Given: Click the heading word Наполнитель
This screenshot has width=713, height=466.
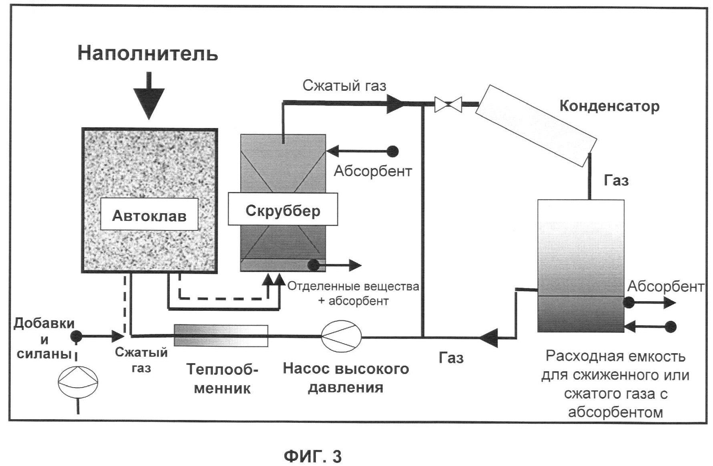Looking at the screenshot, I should click(x=148, y=53).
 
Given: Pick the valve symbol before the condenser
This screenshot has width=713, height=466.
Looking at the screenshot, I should click(x=448, y=104).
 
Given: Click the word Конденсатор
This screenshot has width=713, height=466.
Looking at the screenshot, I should click(x=609, y=106).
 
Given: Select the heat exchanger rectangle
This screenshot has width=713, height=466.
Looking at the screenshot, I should click(x=221, y=335).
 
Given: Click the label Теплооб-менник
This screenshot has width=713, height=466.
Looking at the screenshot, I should click(x=222, y=378).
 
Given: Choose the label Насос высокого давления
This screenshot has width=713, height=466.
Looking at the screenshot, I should click(x=345, y=378).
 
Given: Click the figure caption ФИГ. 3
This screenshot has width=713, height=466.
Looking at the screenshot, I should click(x=313, y=456).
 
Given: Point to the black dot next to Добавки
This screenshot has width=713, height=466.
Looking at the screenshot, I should click(x=76, y=336).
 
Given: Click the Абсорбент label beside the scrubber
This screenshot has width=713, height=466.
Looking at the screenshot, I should click(x=373, y=171).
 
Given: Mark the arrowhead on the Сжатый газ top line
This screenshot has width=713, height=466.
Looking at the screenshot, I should click(x=396, y=104).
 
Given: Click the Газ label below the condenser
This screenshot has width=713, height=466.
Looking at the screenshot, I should click(x=616, y=180).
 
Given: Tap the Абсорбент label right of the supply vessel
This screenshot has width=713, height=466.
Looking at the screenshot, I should click(x=665, y=286).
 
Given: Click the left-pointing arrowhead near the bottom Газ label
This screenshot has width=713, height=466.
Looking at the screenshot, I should click(x=489, y=338).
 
